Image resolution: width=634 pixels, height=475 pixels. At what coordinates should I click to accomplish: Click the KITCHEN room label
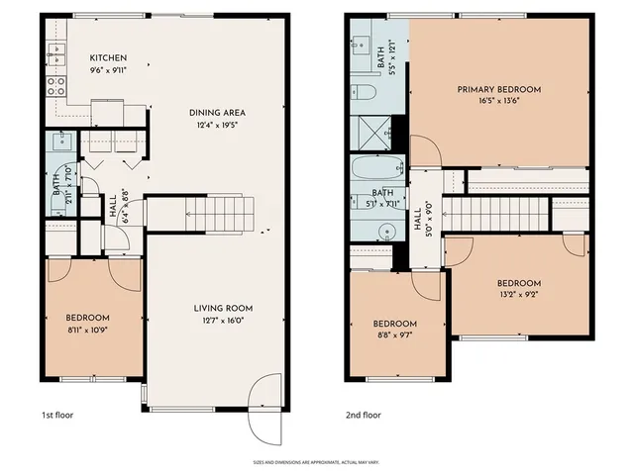click(108, 57)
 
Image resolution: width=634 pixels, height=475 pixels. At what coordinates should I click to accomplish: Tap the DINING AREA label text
click(217, 113)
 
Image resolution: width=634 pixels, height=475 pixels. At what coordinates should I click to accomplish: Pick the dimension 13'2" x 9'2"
click(518, 294)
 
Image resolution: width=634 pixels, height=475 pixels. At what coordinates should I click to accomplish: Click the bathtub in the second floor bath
click(377, 169)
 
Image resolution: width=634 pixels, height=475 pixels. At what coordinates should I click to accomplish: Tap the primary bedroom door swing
click(426, 151)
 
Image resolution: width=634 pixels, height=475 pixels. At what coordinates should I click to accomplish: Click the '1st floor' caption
click(56, 416)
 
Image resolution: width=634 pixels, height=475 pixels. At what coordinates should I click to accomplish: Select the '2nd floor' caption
click(364, 416)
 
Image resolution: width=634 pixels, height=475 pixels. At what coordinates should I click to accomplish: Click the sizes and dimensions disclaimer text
click(316, 462)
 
